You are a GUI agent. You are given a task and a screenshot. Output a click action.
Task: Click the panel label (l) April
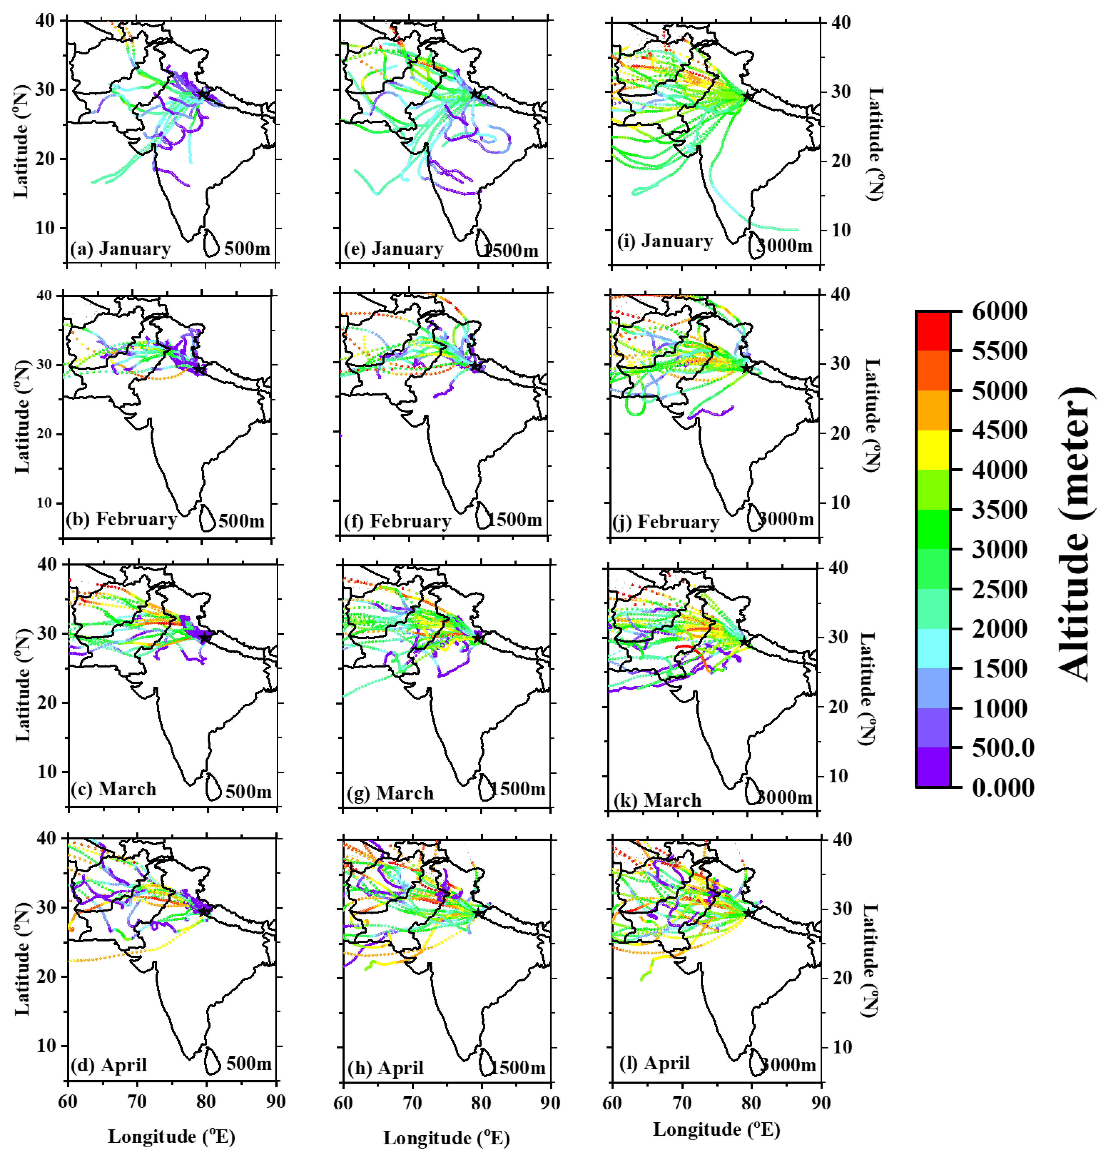click(x=654, y=1063)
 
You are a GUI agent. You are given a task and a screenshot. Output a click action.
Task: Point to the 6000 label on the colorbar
click(x=999, y=311)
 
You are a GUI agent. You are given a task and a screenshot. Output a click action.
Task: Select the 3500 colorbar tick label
click(x=999, y=510)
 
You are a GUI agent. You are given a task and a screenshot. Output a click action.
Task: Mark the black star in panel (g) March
click(x=479, y=638)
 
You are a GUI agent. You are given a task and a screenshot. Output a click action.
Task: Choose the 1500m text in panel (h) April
click(x=519, y=1068)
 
